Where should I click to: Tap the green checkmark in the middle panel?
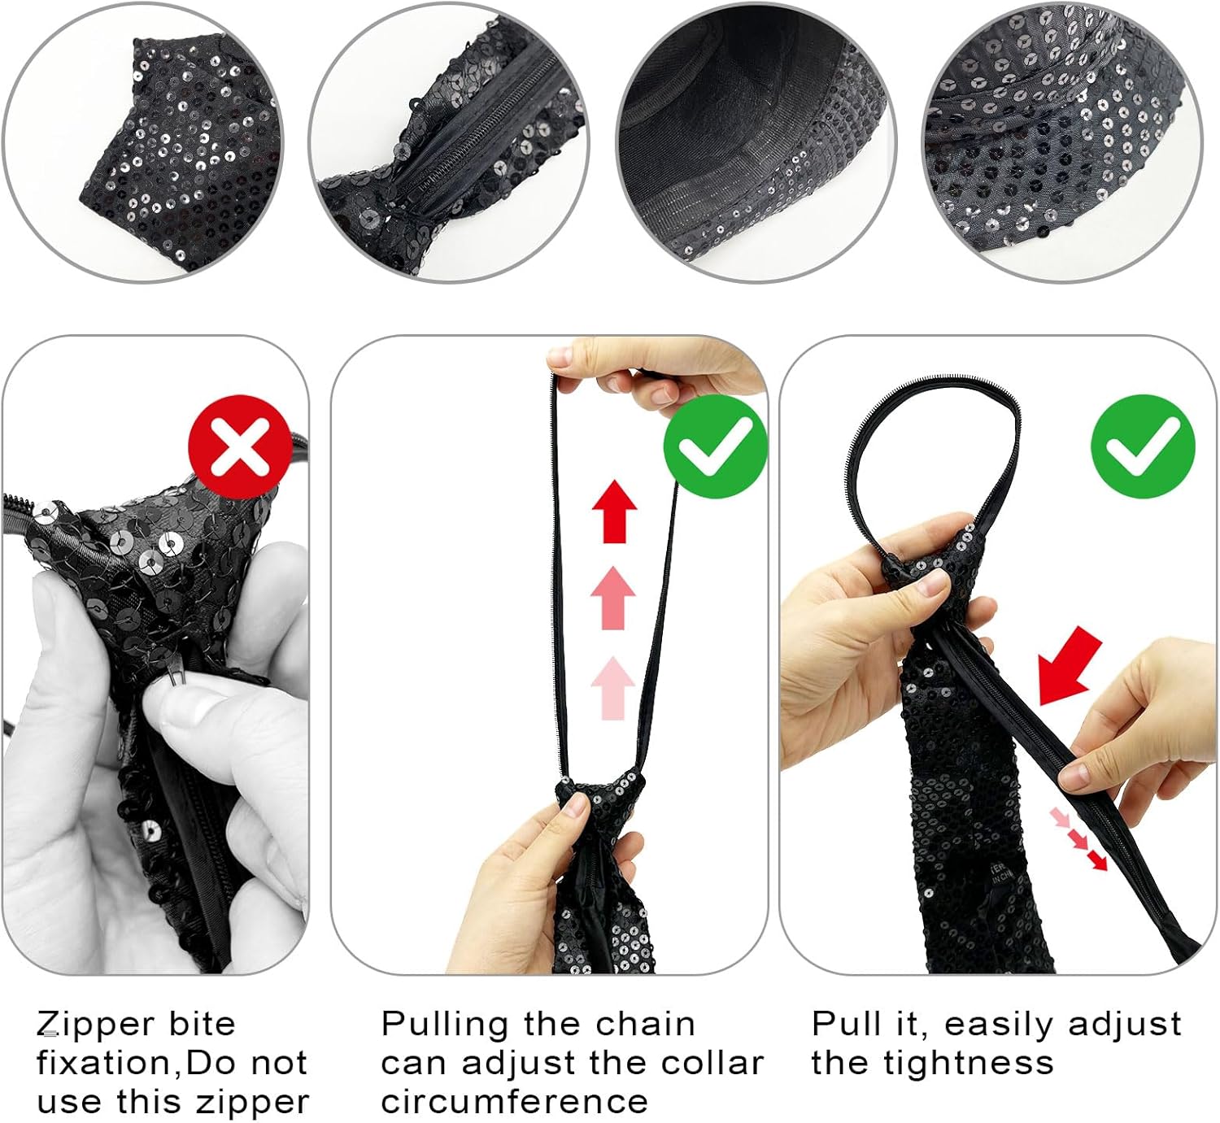tap(715, 447)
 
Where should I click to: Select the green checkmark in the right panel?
tap(1144, 446)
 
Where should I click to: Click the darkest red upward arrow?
tap(614, 511)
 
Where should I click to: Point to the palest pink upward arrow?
tap(613, 688)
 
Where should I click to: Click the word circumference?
tap(515, 1103)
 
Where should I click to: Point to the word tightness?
tap(932, 1064)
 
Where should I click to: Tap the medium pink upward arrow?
tap(613, 598)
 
